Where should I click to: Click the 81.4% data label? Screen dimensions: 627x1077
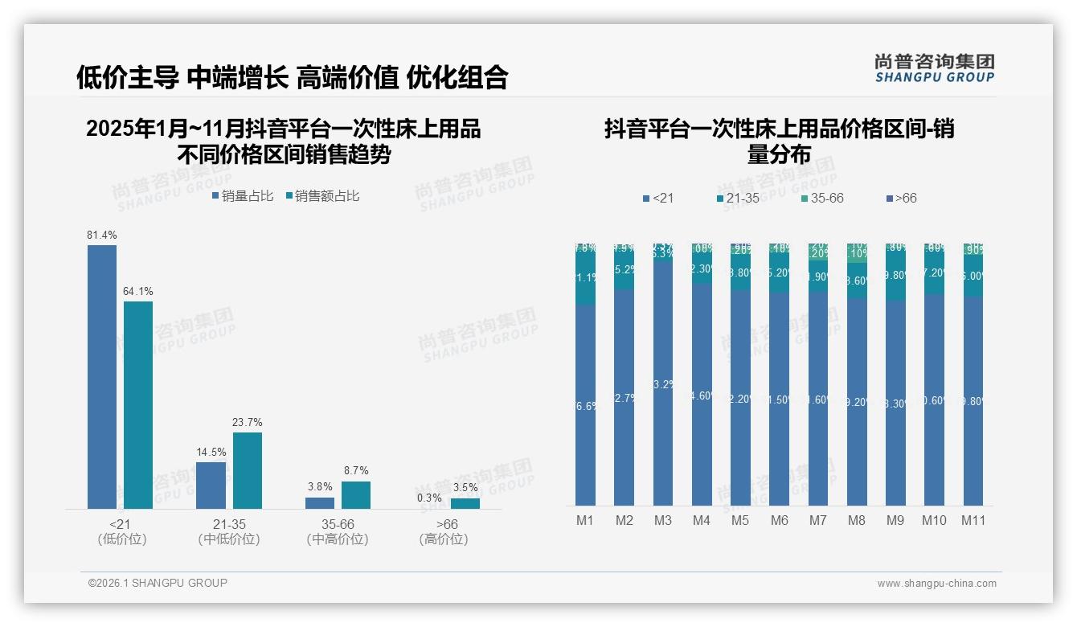click(102, 235)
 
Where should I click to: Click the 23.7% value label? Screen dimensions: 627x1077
click(248, 422)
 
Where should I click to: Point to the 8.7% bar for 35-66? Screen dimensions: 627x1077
click(356, 495)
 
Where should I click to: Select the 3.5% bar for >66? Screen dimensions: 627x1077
click(465, 503)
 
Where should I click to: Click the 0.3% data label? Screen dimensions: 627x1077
click(429, 498)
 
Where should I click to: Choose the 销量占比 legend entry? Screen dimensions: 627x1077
click(242, 196)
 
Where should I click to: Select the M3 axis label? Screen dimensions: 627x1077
click(662, 520)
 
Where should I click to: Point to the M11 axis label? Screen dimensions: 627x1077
click(973, 520)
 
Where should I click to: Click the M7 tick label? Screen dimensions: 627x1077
click(817, 520)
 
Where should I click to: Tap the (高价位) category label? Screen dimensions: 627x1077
click(443, 539)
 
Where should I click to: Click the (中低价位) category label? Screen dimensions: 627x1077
click(228, 539)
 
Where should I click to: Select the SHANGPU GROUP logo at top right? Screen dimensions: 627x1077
click(934, 68)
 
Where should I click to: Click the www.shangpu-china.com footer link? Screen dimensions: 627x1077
click(936, 584)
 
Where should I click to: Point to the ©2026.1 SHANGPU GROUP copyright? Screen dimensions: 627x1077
click(158, 583)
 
